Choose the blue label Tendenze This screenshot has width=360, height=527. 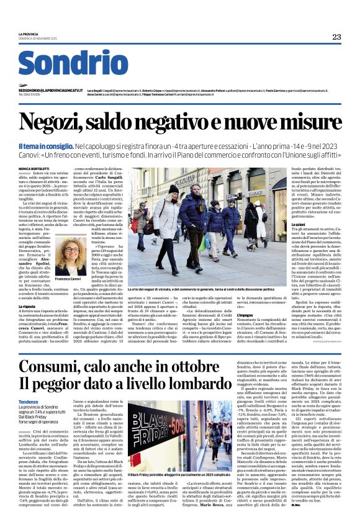(x=29, y=402)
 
